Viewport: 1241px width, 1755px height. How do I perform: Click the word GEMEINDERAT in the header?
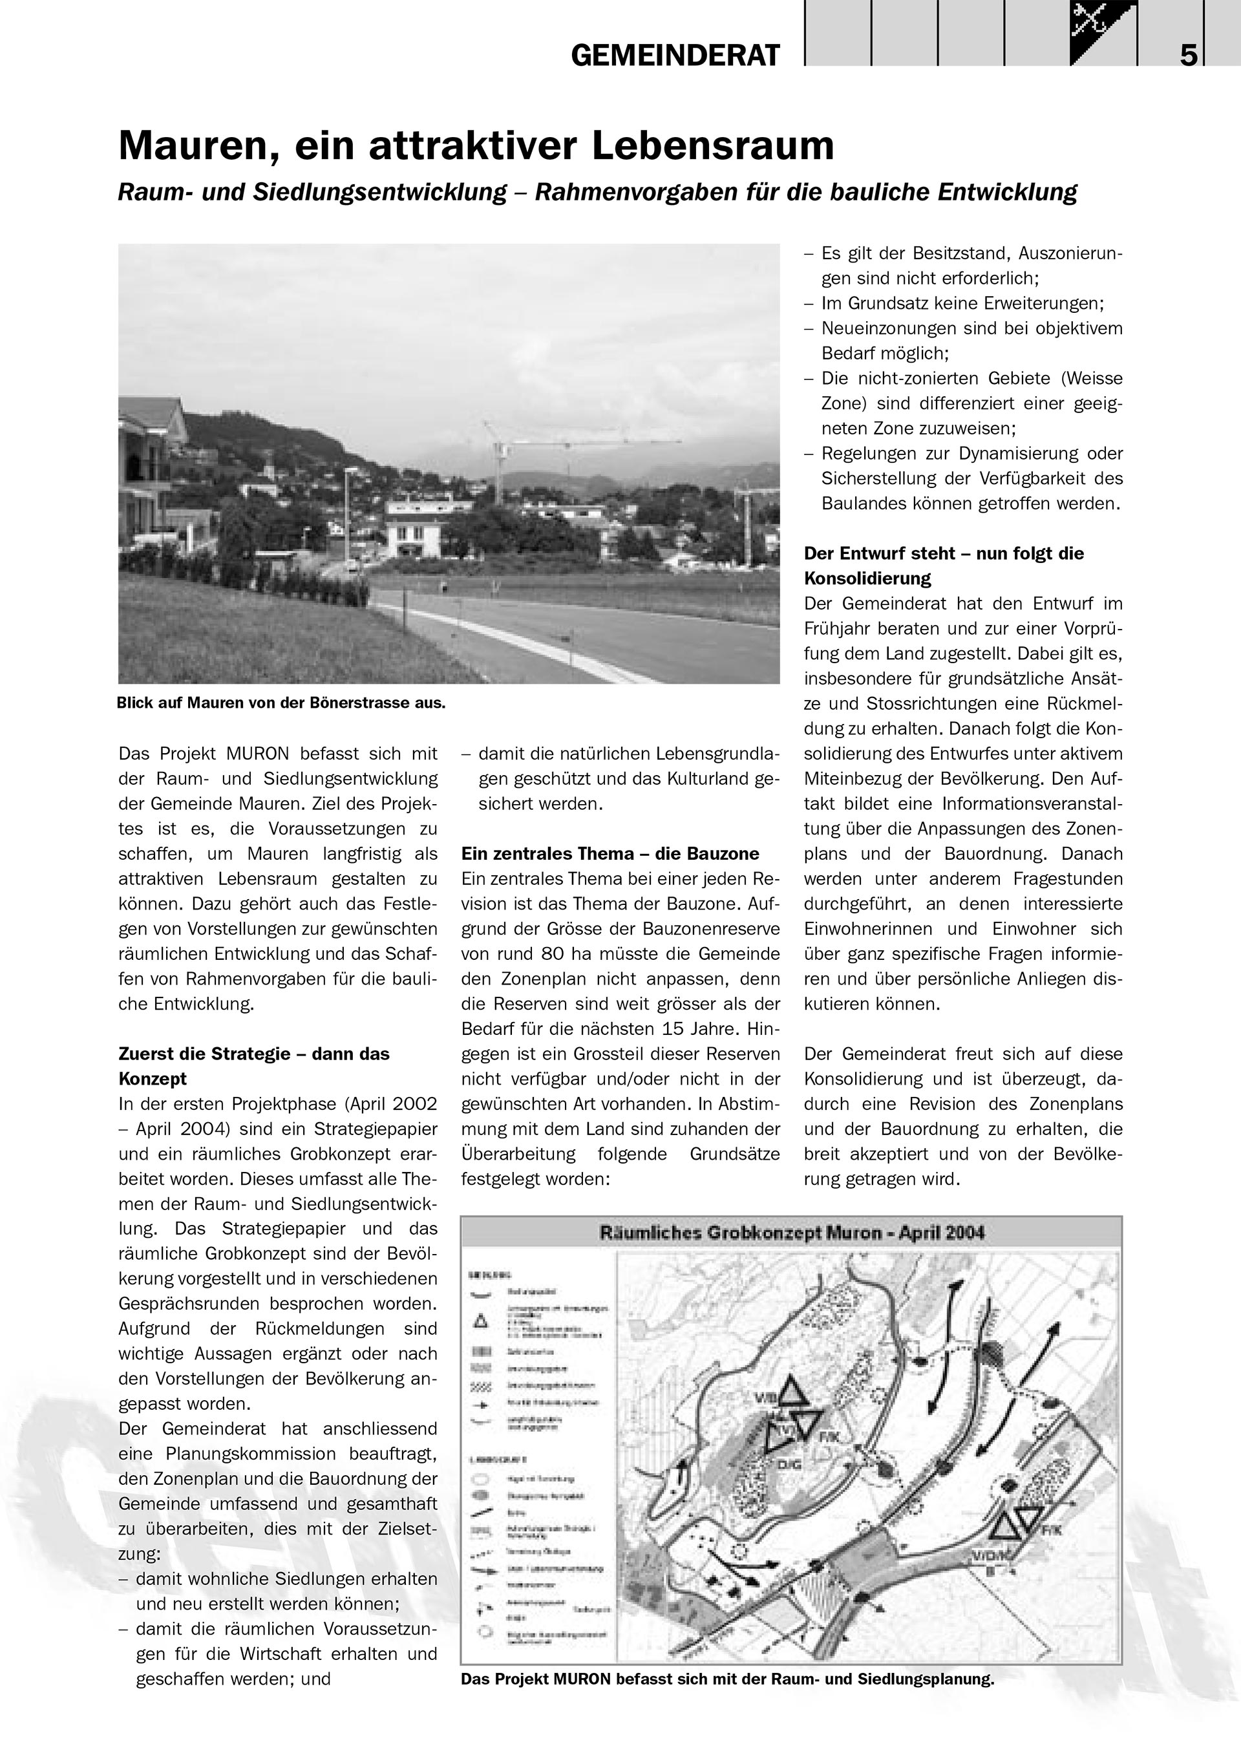pos(675,56)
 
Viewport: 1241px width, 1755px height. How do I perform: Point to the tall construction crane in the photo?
pos(499,458)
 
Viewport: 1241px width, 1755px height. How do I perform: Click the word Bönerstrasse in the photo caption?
pos(340,703)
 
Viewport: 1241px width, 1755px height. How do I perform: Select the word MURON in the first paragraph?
pos(257,754)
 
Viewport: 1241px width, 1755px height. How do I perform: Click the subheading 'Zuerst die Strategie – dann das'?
pos(254,1054)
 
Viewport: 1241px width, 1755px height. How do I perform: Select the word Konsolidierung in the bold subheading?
pos(867,578)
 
